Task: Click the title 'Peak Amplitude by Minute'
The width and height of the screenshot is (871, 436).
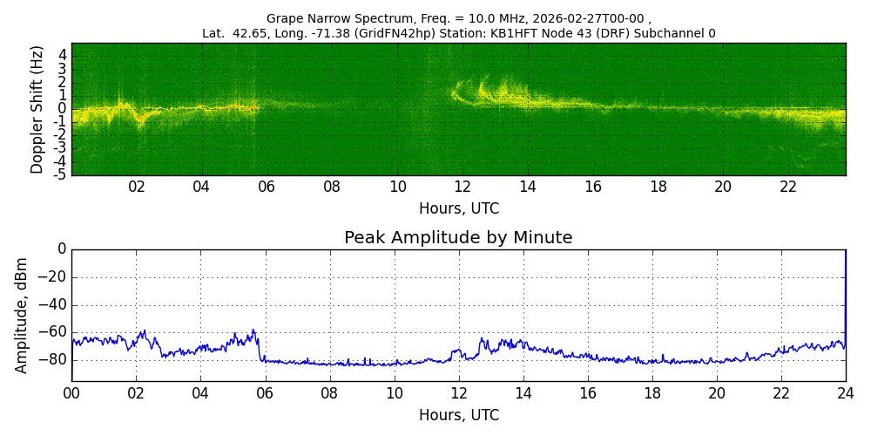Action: pos(458,238)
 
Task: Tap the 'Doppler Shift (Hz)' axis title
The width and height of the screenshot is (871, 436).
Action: pos(37,110)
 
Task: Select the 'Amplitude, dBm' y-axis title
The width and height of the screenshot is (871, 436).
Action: pos(22,315)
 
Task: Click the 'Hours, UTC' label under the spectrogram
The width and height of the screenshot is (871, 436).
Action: pos(458,209)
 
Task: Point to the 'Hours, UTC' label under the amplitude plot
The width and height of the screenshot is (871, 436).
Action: pos(458,415)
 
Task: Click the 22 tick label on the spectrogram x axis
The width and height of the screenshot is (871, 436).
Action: pos(788,187)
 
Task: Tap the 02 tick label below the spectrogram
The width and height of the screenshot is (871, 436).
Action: pos(137,187)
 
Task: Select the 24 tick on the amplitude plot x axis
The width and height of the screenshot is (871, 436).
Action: pos(845,392)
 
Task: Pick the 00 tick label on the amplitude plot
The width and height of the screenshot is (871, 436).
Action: pos(71,392)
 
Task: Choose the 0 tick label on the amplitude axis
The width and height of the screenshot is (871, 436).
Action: pos(61,249)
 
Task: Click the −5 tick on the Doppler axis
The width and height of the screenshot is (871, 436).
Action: pos(60,174)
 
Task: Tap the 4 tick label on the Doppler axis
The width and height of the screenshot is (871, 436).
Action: pos(62,55)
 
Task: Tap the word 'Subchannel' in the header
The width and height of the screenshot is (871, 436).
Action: pos(671,34)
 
